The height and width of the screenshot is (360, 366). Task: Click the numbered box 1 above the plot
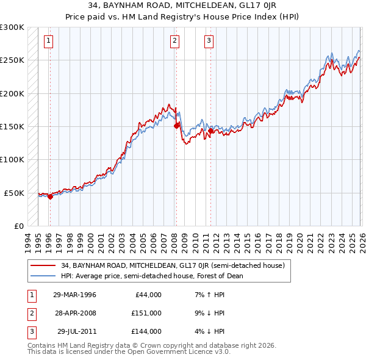[48, 41]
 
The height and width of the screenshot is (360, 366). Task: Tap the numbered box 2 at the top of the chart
[174, 41]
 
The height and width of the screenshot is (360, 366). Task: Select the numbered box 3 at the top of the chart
[209, 41]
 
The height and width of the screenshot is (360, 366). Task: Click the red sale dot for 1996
[50, 196]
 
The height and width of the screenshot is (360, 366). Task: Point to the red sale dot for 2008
[176, 126]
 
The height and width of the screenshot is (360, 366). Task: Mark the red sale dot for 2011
[210, 131]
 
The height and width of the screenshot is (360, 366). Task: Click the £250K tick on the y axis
[12, 60]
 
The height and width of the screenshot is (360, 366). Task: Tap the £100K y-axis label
[12, 159]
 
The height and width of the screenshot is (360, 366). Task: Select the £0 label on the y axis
[18, 226]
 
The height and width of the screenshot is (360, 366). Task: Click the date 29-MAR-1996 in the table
[74, 295]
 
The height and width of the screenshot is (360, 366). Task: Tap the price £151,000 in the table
[146, 313]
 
